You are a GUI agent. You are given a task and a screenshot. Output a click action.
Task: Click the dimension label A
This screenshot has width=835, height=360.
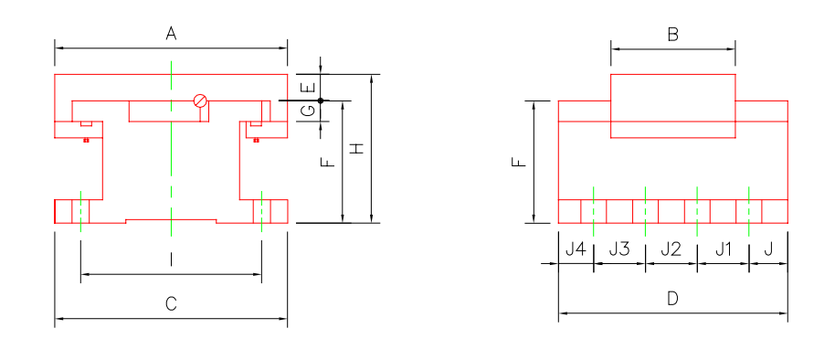point(171,34)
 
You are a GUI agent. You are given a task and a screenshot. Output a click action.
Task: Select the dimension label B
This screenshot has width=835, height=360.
point(672,36)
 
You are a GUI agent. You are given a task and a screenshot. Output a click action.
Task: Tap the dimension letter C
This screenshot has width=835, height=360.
point(171,304)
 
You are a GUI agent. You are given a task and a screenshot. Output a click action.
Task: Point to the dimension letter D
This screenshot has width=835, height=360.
point(672,299)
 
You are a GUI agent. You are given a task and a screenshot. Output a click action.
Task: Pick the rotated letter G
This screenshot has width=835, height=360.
point(310,111)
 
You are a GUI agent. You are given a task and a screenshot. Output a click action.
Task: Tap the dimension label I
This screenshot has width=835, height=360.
point(171,260)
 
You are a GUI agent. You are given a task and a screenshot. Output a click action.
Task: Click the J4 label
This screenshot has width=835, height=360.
point(576,249)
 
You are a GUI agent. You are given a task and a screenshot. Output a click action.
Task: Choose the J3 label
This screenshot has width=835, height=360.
point(619,249)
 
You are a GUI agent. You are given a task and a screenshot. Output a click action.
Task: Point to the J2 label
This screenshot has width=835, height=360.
point(671,249)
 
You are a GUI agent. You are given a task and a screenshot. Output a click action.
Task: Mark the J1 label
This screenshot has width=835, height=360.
point(723,249)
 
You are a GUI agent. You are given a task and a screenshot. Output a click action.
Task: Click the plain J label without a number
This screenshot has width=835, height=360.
point(767,249)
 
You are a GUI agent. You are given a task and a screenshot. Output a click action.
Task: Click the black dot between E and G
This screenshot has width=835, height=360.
point(321,100)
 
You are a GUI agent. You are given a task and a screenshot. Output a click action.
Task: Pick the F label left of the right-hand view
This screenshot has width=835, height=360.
point(520,163)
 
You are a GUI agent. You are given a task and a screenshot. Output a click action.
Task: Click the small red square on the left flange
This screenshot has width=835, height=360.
point(85,140)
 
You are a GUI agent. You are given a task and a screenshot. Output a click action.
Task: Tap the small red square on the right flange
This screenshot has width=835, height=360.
point(257,140)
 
